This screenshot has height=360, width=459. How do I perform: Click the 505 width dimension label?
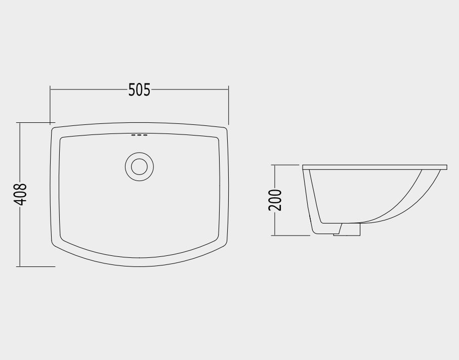(x=139, y=90)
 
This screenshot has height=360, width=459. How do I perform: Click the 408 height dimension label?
(x=20, y=194)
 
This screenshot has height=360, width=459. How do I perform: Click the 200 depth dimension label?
(x=275, y=200)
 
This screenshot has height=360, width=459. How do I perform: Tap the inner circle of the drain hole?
(x=139, y=167)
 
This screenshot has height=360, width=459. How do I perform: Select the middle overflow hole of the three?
(x=139, y=135)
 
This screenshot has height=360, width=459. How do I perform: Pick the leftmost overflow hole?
(x=134, y=135)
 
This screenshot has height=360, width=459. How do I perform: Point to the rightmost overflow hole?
(x=145, y=135)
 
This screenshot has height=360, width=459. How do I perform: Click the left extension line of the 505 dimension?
(x=50, y=105)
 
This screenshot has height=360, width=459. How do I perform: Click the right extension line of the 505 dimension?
(x=229, y=105)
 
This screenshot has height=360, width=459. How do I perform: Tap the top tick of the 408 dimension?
(x=36, y=122)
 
